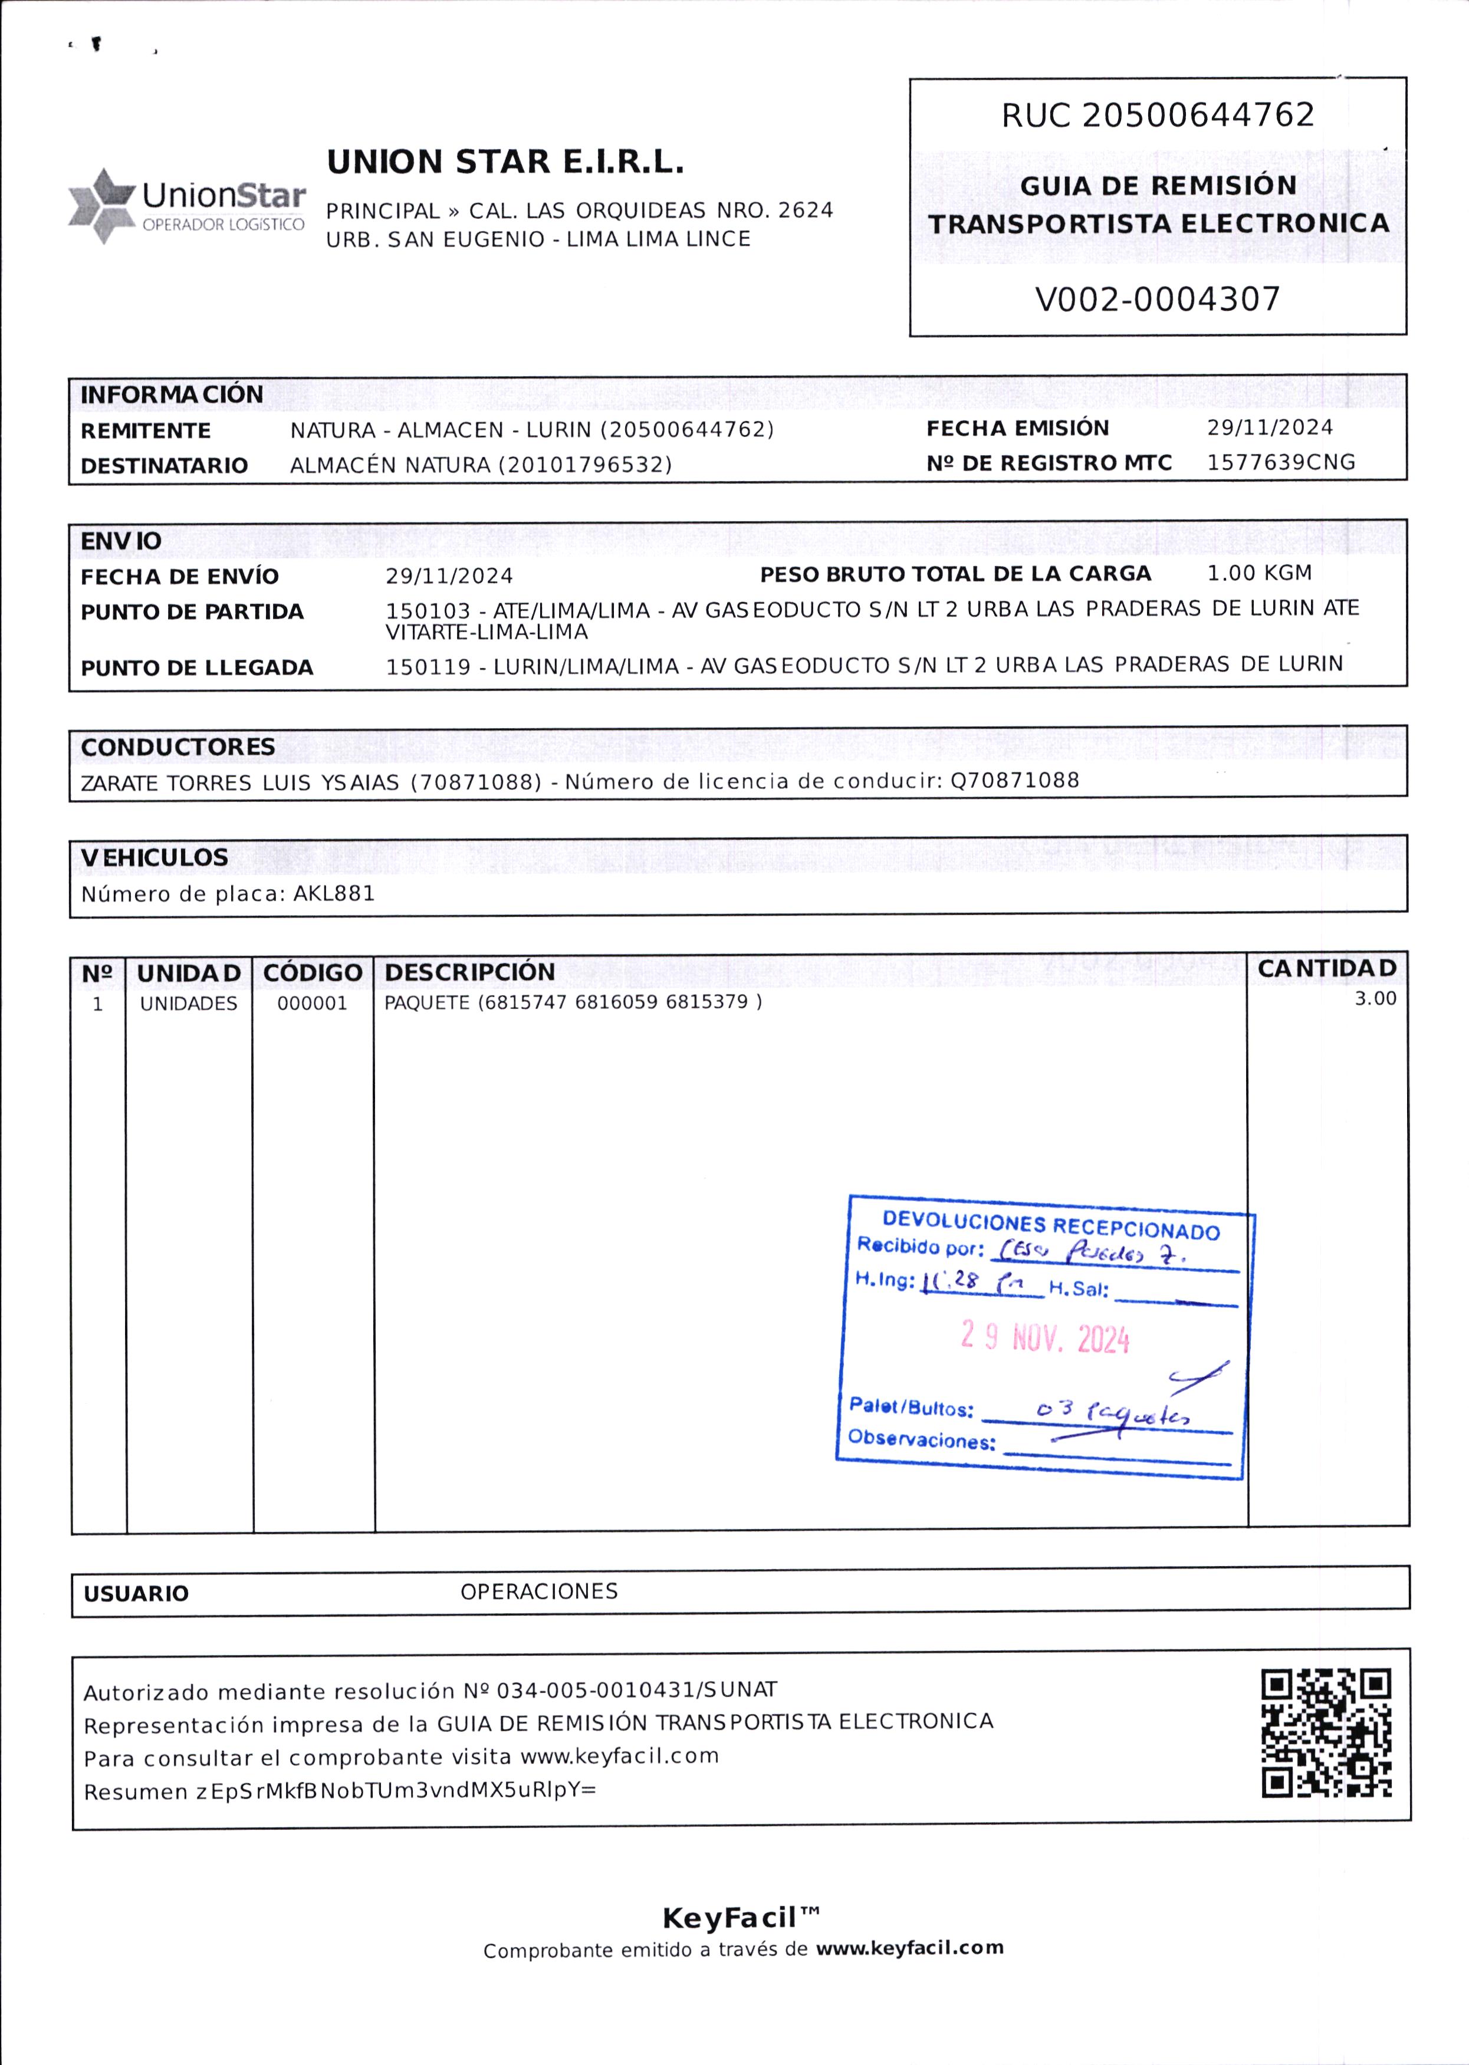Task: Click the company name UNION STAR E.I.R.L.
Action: (x=505, y=162)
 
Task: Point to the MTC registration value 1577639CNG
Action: (x=1281, y=462)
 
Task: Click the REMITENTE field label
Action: (x=146, y=430)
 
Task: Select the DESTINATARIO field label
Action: (x=164, y=466)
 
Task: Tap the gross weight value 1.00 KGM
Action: (x=1259, y=573)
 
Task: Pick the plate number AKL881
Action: (x=334, y=894)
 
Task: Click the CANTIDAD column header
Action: (x=1326, y=968)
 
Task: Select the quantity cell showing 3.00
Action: (x=1374, y=998)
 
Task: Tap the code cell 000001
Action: (x=312, y=1003)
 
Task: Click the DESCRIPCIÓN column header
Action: (x=469, y=971)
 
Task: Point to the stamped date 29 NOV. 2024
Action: (x=1045, y=1337)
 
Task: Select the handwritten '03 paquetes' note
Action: (x=1113, y=1411)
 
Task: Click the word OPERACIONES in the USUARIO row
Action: (x=538, y=1591)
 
